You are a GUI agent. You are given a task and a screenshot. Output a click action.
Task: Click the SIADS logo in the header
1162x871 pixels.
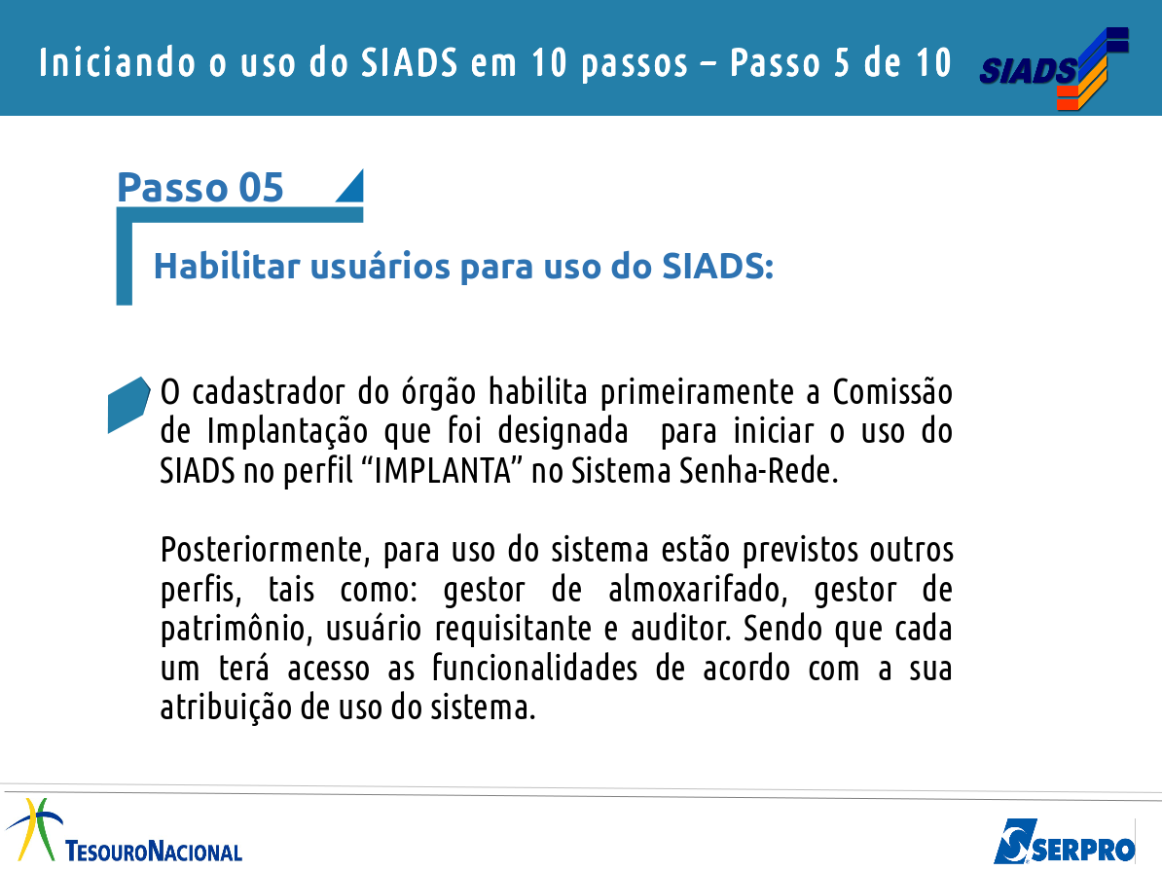tap(1054, 68)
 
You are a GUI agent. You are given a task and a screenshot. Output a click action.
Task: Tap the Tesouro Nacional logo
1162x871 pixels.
tap(124, 831)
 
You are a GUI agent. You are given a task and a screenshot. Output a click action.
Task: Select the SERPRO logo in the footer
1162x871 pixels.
tap(1064, 842)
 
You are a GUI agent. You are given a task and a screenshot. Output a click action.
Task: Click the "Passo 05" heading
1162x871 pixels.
tap(200, 187)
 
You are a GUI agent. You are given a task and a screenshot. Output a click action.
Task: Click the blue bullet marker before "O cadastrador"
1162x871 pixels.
tap(128, 404)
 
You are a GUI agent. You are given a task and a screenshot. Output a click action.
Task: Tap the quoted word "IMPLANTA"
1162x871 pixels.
tap(443, 471)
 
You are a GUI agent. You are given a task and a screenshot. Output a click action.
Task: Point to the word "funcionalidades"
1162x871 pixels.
tap(534, 668)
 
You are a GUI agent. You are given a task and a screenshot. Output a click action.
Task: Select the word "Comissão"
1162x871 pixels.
tap(892, 392)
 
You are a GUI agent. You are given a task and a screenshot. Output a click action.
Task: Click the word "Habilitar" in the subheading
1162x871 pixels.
tap(227, 266)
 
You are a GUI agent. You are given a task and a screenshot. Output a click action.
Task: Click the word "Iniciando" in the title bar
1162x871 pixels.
tap(117, 62)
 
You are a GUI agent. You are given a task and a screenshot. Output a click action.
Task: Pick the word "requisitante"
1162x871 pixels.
tap(512, 630)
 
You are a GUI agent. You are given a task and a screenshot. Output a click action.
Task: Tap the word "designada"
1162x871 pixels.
tap(563, 432)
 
